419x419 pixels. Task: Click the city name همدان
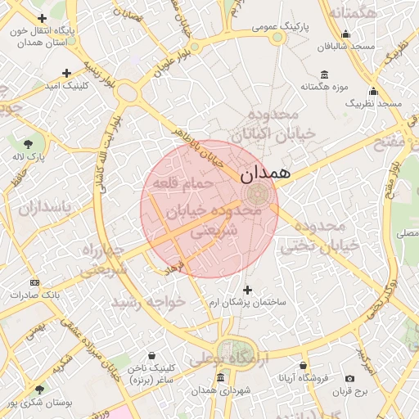(266, 173)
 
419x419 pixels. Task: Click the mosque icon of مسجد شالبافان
(346, 34)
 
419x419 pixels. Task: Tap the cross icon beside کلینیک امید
(66, 73)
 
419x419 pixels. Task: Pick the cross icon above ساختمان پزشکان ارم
(248, 290)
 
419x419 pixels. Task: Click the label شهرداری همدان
(221, 390)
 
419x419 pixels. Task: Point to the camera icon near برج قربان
(350, 379)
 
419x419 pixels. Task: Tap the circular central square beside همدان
(257, 195)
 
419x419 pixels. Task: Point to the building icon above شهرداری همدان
(221, 378)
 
